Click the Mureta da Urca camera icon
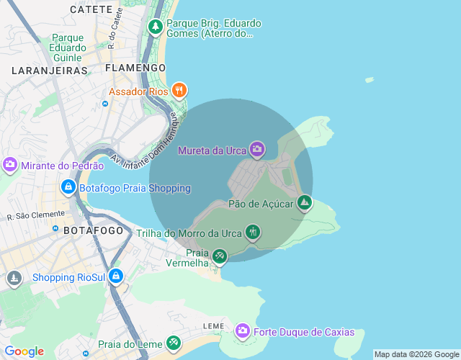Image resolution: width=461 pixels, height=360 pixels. tap(257, 150)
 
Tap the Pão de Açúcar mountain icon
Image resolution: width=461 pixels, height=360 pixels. tap(305, 203)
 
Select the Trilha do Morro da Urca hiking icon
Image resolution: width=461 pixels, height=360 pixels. tap(252, 232)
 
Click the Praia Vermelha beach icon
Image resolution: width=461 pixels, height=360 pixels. tap(220, 256)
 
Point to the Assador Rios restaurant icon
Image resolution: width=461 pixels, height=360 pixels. tap(179, 91)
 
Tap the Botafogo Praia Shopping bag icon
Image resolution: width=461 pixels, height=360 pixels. tap(68, 187)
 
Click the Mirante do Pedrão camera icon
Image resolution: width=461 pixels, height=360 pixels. tap(10, 164)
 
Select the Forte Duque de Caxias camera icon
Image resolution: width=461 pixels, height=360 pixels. tap(243, 331)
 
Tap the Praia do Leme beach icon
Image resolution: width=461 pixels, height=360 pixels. tap(173, 343)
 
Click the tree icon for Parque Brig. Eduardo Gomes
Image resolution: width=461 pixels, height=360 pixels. tap(156, 27)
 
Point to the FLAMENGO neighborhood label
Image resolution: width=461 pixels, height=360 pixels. tap(135, 67)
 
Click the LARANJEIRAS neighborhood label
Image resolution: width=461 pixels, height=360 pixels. tap(49, 71)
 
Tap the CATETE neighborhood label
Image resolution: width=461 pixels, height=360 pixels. tap(91, 9)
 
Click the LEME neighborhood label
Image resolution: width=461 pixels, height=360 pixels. tap(214, 326)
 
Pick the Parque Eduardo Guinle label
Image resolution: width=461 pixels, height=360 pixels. tap(68, 48)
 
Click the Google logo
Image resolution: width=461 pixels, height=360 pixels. tap(24, 351)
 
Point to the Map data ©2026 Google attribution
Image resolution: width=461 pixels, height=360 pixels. tap(416, 354)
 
